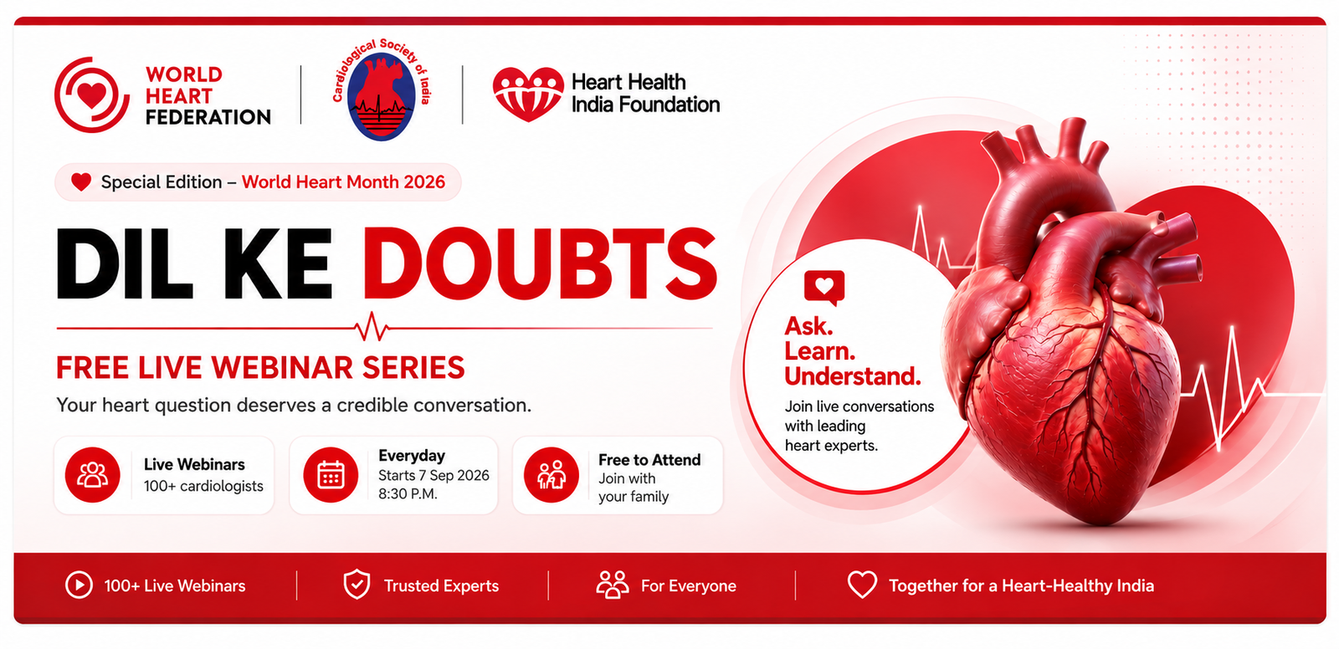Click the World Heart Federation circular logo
(91, 95)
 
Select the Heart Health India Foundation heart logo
(528, 94)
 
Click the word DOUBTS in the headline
(540, 263)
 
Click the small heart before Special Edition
(81, 181)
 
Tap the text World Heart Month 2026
(343, 181)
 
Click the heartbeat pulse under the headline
(372, 327)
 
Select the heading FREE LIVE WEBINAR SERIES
(260, 367)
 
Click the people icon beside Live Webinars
(93, 475)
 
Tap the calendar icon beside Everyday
(331, 475)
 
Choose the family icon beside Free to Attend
(552, 475)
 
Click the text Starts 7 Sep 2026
(434, 475)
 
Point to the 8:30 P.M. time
(408, 494)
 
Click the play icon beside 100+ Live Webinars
(79, 585)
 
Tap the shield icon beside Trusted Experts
(357, 585)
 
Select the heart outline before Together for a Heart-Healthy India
(863, 585)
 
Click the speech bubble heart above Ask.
(824, 288)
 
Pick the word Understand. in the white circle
(853, 376)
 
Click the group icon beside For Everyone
(613, 585)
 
